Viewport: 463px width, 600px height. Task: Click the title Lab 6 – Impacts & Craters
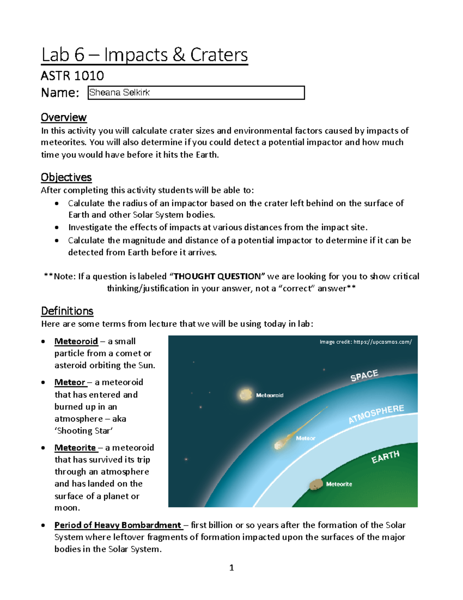point(144,54)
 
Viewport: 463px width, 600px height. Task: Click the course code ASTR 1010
point(72,75)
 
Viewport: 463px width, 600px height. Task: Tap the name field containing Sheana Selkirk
point(196,93)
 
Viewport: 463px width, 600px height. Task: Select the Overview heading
point(64,117)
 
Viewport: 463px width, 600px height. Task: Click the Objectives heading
point(66,177)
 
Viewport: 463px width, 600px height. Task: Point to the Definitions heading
point(67,311)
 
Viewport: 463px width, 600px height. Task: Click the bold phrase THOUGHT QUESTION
point(217,276)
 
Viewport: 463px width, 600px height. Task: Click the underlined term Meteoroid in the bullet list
point(76,341)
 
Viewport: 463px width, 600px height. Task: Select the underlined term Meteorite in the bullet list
point(75,447)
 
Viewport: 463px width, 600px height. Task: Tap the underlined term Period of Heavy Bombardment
point(118,525)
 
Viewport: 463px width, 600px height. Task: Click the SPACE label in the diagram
point(364,375)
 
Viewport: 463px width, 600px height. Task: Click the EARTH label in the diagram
point(385,457)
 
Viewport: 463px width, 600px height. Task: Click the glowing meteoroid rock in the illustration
point(245,394)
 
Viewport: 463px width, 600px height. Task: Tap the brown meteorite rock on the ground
point(316,484)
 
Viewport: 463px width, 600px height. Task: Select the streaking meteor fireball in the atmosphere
point(282,443)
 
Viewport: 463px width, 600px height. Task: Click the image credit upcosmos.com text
point(365,342)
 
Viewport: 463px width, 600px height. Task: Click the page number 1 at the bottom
point(231,568)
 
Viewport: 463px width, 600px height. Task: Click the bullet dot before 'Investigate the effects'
point(57,228)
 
